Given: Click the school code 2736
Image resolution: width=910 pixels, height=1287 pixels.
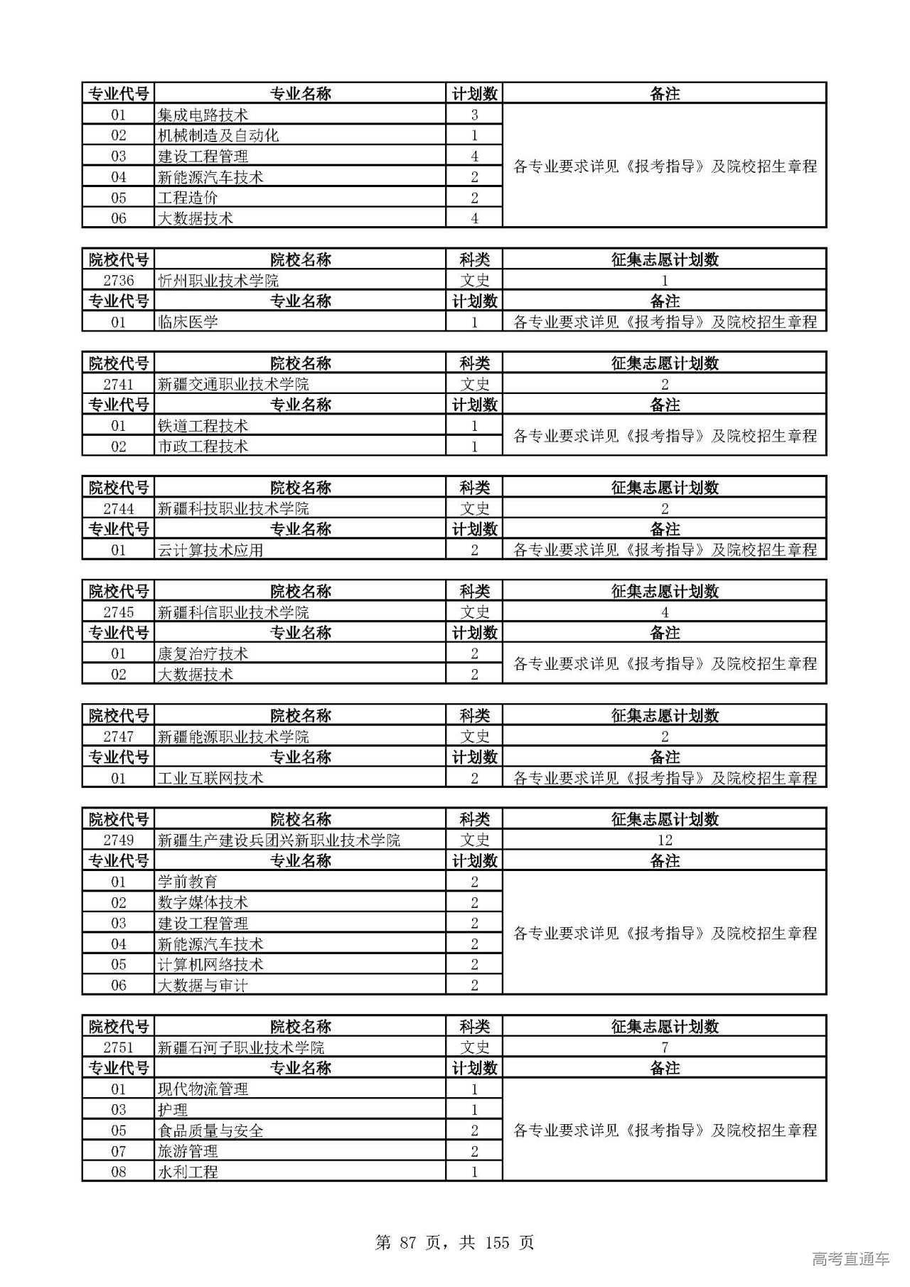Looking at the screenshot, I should (x=118, y=280).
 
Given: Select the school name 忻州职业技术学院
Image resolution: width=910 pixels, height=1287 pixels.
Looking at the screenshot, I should (x=218, y=280).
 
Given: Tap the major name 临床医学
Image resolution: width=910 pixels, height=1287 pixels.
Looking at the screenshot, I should (x=188, y=322).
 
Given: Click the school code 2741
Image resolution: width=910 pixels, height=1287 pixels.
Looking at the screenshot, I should (x=118, y=384).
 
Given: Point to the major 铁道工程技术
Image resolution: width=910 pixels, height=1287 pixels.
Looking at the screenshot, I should (x=203, y=426).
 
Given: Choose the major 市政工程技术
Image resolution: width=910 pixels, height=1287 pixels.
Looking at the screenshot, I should (x=203, y=447).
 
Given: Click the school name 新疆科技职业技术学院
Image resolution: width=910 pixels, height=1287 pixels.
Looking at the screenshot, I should (x=233, y=508).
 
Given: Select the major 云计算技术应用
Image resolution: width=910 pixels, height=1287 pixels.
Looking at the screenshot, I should (x=210, y=550).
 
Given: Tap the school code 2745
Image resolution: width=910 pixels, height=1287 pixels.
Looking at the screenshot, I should (x=118, y=612).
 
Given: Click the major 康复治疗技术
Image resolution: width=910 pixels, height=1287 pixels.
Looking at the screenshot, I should (x=203, y=653).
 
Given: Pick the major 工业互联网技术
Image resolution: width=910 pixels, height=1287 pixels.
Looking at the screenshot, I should (x=210, y=778).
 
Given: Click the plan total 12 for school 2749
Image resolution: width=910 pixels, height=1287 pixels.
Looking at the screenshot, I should (x=665, y=840).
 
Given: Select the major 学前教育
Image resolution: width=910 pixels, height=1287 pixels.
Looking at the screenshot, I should (x=188, y=882).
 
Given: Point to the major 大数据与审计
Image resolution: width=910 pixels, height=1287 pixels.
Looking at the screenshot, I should (x=203, y=985).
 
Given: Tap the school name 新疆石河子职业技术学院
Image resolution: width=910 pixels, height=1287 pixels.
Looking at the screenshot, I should (x=241, y=1047).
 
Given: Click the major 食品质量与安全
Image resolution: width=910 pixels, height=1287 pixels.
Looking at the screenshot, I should (x=210, y=1131).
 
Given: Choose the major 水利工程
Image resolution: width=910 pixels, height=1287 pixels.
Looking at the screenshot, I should (x=188, y=1172).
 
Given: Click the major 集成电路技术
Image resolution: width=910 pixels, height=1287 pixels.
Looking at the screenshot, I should (x=203, y=114).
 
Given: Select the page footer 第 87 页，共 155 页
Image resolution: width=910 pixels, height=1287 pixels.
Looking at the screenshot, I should (x=454, y=1242).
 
